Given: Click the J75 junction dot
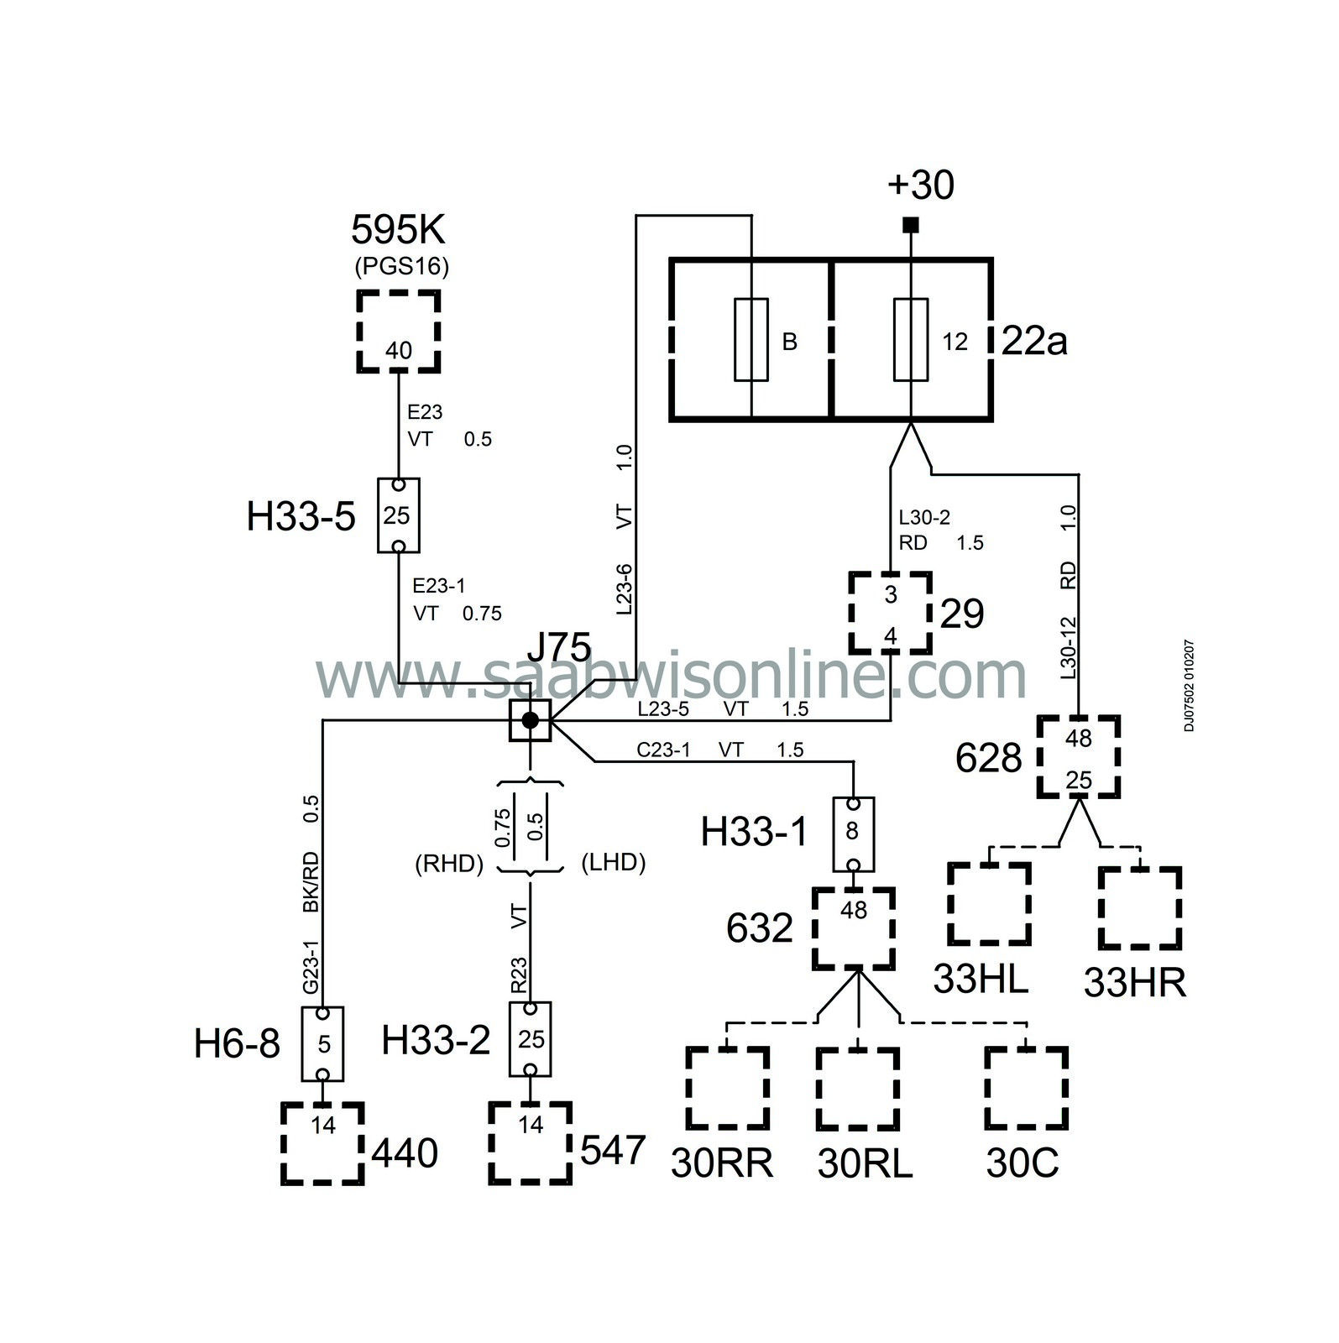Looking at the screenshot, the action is (530, 719).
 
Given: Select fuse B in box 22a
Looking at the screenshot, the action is (751, 339).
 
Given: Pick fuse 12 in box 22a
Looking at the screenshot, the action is (912, 339).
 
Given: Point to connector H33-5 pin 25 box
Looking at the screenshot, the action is (398, 515).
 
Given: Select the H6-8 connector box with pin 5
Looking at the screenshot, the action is (323, 1043).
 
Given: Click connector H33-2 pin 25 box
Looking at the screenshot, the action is (531, 1038).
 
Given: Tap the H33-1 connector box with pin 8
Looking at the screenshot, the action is (853, 834).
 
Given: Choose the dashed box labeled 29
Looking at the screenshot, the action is (891, 614).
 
